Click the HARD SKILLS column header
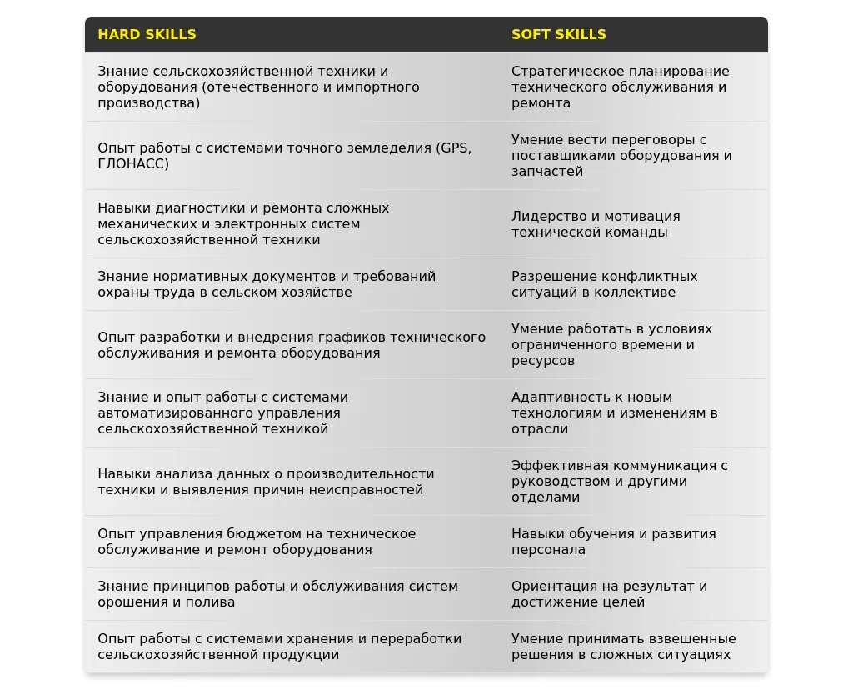tap(147, 35)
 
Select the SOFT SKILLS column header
tap(558, 35)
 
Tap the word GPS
tap(454, 147)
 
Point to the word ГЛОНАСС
tap(133, 163)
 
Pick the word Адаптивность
tap(556, 397)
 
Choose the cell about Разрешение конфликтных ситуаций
tap(604, 284)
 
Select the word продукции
tap(302, 654)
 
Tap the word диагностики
tap(201, 207)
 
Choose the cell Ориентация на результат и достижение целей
tap(609, 593)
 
